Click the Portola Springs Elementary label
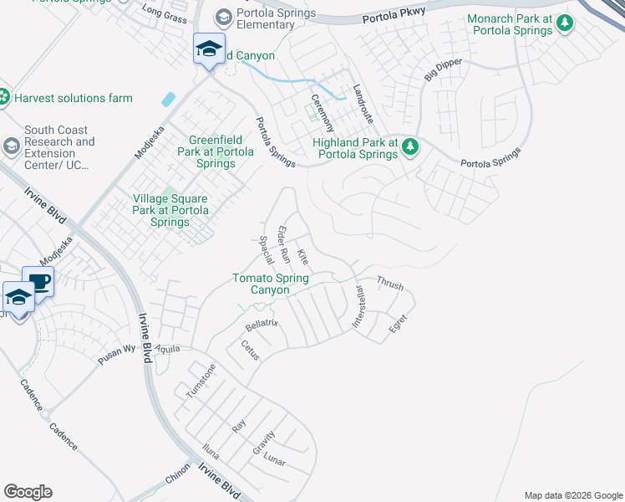tap(277, 18)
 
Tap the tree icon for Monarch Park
tap(565, 23)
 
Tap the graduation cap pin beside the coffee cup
tap(18, 299)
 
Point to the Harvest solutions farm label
tap(73, 98)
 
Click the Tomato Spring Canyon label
tap(272, 284)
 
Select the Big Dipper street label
tap(442, 66)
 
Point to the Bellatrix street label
tap(261, 323)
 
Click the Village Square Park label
tap(170, 210)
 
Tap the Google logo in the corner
tap(28, 492)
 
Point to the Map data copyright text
tap(572, 495)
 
